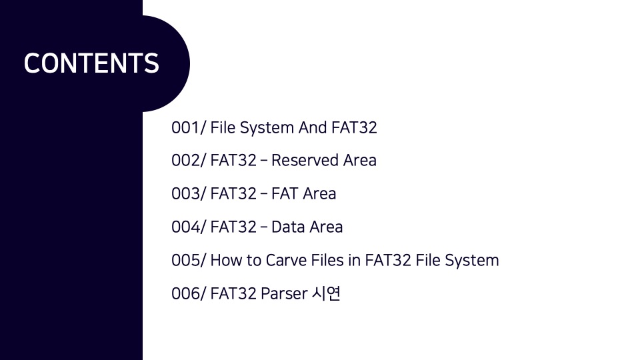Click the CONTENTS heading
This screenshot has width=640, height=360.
(x=91, y=63)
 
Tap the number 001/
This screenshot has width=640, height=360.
(x=189, y=127)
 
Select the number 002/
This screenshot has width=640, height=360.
(x=189, y=161)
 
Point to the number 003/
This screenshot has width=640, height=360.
(x=189, y=194)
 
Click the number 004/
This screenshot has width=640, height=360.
(x=189, y=227)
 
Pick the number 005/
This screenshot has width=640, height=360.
(x=189, y=260)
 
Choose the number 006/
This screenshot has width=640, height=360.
(x=189, y=293)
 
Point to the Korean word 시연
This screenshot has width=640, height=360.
(x=326, y=293)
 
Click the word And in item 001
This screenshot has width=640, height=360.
(x=313, y=127)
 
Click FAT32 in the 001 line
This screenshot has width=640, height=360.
(x=354, y=127)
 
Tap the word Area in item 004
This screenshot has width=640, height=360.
(x=326, y=227)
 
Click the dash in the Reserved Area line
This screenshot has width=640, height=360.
(x=264, y=161)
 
